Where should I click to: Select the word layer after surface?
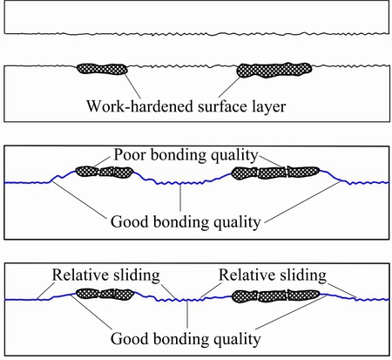[268, 107]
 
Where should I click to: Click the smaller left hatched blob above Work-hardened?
[102, 69]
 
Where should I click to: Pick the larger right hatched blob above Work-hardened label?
[274, 71]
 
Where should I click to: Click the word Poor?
[130, 154]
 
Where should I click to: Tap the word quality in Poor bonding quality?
[234, 156]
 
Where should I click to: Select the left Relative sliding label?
[105, 275]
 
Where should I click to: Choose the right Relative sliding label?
[273, 275]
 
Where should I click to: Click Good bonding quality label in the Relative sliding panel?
[186, 339]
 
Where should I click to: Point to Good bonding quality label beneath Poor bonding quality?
[186, 222]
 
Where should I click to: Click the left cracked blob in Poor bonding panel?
[105, 172]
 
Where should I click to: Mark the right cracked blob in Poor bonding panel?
[275, 173]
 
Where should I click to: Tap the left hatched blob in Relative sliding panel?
[105, 294]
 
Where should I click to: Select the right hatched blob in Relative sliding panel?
[276, 295]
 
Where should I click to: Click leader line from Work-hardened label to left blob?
[132, 86]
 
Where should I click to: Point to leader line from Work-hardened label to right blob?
[229, 86]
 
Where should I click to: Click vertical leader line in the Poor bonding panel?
[180, 198]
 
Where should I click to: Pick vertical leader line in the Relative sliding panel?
[187, 315]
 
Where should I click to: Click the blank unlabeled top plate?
[197, 17]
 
